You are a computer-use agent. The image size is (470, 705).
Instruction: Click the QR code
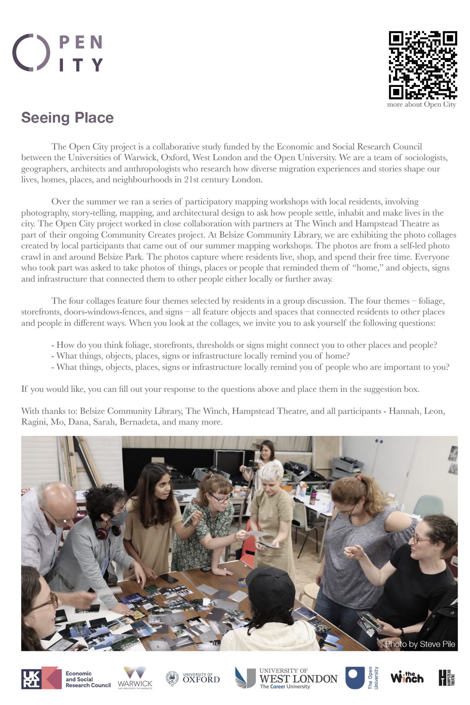click(x=423, y=65)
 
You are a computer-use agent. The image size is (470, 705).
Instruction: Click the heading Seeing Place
click(x=67, y=118)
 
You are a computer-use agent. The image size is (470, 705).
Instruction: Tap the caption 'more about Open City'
click(x=421, y=105)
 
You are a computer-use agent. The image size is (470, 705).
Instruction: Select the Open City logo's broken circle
click(x=31, y=53)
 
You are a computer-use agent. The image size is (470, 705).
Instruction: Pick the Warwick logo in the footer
click(x=135, y=678)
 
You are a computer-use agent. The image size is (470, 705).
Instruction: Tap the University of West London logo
click(x=286, y=678)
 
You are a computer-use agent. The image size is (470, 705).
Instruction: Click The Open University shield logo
click(x=355, y=678)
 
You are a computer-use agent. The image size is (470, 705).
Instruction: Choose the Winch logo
click(x=407, y=677)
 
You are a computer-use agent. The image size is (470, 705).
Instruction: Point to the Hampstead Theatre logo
click(x=446, y=677)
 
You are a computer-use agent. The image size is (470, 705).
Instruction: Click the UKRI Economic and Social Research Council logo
click(x=66, y=678)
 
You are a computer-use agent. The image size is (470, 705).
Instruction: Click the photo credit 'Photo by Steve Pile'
click(x=420, y=644)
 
